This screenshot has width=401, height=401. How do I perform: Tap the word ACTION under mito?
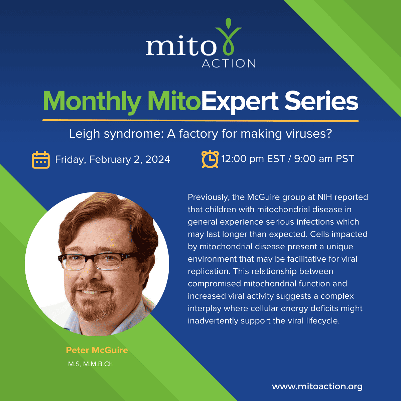[x=229, y=63]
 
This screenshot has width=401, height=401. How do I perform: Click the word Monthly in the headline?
[x=92, y=102]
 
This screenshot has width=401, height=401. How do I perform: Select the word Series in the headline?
[x=321, y=101]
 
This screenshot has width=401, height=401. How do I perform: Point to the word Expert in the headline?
[x=240, y=102]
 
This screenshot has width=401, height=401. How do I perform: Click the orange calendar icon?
[x=41, y=160]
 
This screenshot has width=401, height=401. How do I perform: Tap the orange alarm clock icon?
[x=210, y=159]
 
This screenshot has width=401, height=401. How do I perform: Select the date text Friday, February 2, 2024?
[x=113, y=160]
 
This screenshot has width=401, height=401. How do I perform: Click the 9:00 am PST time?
[x=324, y=159]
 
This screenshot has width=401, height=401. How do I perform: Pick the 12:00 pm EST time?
[x=253, y=159]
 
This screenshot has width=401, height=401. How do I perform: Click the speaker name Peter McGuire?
[x=97, y=350]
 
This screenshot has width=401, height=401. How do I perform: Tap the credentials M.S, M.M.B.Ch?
[x=90, y=364]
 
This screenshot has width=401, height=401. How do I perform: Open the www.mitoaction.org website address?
[x=317, y=386]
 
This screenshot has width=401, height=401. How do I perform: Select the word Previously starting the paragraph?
[x=208, y=197]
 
